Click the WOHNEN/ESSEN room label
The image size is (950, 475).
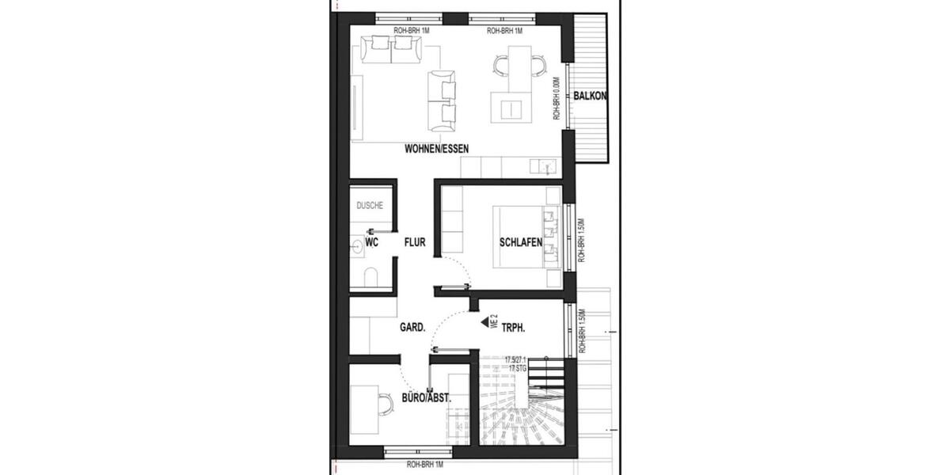point(436,148)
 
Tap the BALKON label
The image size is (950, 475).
point(591,97)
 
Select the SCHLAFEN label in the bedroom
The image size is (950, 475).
point(520,243)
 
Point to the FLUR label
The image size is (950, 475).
point(415,243)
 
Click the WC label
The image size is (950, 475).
point(371,243)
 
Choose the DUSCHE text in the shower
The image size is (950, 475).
point(370,206)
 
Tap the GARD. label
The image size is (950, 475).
point(412,326)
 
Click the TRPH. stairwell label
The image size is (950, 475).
point(515,325)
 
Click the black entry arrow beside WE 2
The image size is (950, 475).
point(485,322)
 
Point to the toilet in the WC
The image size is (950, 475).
point(370,276)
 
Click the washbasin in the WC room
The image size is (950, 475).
point(357,245)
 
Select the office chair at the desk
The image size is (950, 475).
point(384,404)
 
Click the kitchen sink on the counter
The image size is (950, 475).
point(542,166)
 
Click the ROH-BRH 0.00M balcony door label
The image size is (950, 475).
point(557,97)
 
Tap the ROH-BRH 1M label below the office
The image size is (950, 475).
point(418,465)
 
